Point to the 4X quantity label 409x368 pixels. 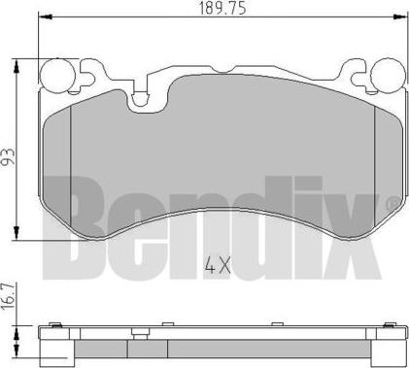pos(217,262)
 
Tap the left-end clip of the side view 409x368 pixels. pos(55,327)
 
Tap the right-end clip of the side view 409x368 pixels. pos(392,327)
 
